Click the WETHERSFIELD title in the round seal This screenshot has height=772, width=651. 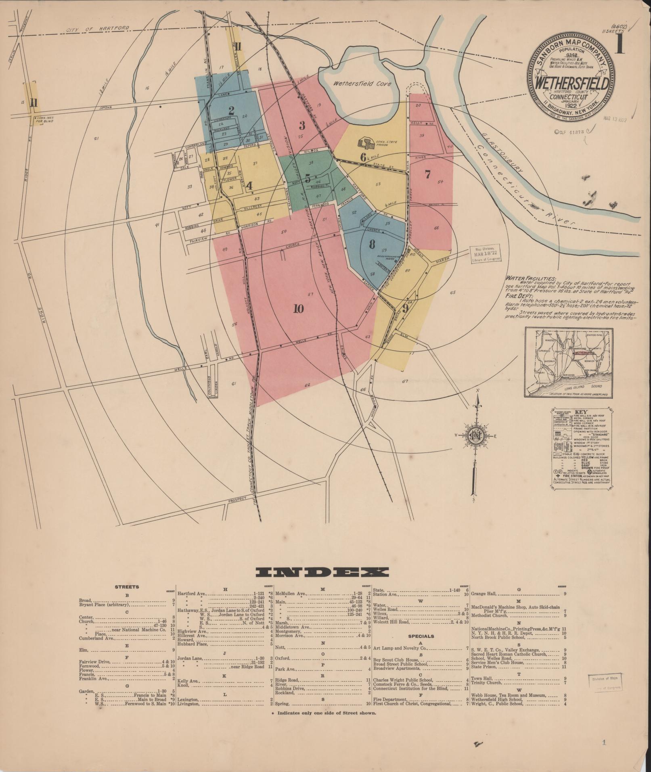[x=572, y=84]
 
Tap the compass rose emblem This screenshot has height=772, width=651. [x=476, y=435]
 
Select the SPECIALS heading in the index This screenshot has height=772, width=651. [x=421, y=636]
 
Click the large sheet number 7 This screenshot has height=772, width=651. [x=428, y=175]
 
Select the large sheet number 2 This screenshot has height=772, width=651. [x=231, y=110]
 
